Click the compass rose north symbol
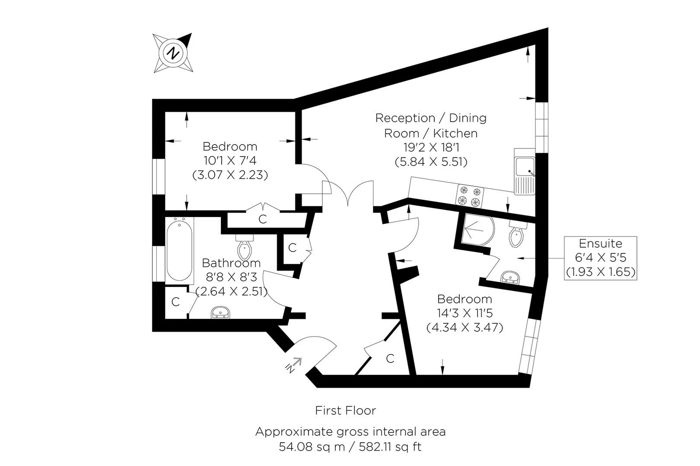[x=173, y=53]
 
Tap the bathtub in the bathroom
[x=179, y=250]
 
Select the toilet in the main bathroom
[x=245, y=247]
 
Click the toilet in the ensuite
[x=517, y=234]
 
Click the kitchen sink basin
[x=525, y=167]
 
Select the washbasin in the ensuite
[x=510, y=277]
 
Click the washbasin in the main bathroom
[x=221, y=312]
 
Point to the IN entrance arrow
[x=293, y=365]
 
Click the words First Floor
[x=345, y=410]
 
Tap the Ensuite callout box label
[x=600, y=243]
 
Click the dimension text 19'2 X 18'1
[x=431, y=147]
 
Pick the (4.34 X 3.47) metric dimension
[x=465, y=327]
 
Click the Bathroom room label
[x=231, y=263]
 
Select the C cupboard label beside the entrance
[x=390, y=359]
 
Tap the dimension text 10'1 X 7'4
[x=230, y=161]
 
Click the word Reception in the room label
[x=405, y=118]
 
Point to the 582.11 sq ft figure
[x=390, y=447]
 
